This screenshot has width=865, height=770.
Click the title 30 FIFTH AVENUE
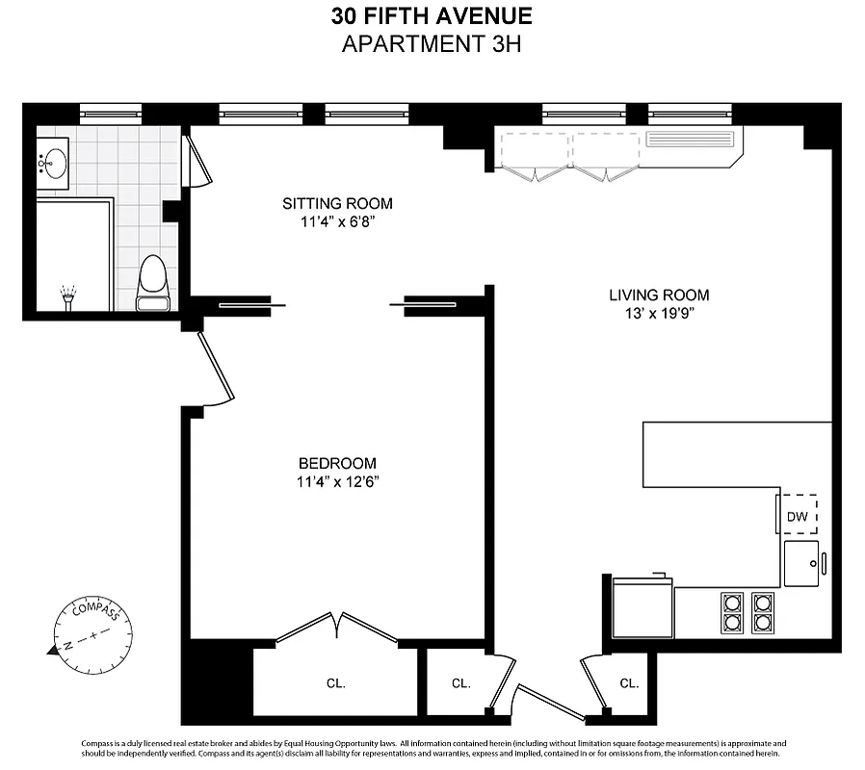pos(432,16)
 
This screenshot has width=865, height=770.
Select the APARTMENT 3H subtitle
pos(432,44)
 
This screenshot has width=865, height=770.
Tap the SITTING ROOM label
pos(337,203)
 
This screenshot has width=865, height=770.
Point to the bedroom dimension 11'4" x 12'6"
pos(337,482)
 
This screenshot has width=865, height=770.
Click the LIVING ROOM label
pos(659,295)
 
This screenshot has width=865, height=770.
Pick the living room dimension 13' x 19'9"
pos(659,315)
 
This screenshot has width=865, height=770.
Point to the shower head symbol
pos(67,295)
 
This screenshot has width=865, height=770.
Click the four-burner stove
pos(748,612)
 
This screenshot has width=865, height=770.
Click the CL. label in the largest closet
pos(335,683)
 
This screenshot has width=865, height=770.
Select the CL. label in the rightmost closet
pos(629,683)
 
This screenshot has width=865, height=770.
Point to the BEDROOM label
pos(337,463)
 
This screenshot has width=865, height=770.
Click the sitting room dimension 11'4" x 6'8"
pos(337,222)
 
